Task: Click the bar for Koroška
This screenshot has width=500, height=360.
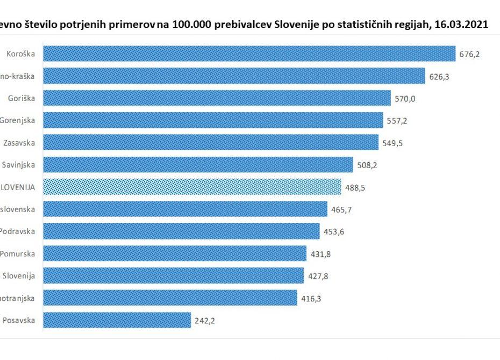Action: point(248,54)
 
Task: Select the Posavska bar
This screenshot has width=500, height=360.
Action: point(117,320)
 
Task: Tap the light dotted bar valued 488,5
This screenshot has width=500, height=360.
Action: point(191,187)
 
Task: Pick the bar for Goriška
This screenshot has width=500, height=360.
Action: point(216,98)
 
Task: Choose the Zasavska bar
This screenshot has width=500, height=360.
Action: point(210,142)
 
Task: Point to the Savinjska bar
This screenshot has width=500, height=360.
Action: point(197,165)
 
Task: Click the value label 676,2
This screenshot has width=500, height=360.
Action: point(469,54)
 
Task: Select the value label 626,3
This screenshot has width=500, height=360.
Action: point(439,76)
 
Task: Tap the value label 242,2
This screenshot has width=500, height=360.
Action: point(205,321)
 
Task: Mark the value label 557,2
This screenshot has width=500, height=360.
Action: point(397,121)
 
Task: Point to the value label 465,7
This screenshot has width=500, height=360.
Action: point(341,210)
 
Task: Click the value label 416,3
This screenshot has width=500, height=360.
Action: point(311,298)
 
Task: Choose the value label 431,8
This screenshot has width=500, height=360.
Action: point(320,254)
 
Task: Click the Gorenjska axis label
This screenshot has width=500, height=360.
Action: point(18,120)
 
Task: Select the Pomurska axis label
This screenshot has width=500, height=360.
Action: point(18,254)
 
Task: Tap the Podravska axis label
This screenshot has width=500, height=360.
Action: point(18,232)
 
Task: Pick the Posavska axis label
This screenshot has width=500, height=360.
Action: point(19,320)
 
